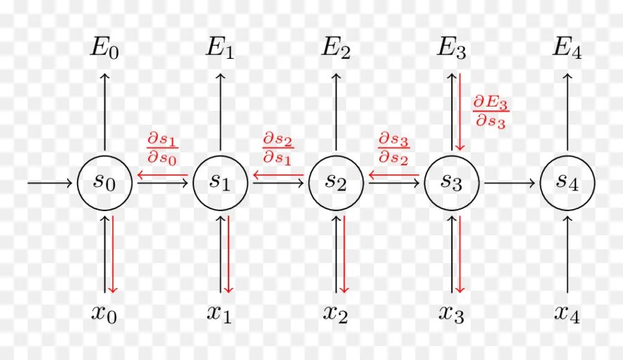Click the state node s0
105,183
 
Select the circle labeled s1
221,183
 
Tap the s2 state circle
336,183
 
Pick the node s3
452,183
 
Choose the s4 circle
568,183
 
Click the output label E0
105,48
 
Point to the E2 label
336,48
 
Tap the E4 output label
568,48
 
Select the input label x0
105,313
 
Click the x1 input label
221,313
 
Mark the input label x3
452,313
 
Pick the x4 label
568,313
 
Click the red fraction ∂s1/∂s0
162,148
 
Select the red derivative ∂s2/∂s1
278,148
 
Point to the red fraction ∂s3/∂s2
393,148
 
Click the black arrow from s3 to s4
509,183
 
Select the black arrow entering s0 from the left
50,183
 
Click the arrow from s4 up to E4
568,111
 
